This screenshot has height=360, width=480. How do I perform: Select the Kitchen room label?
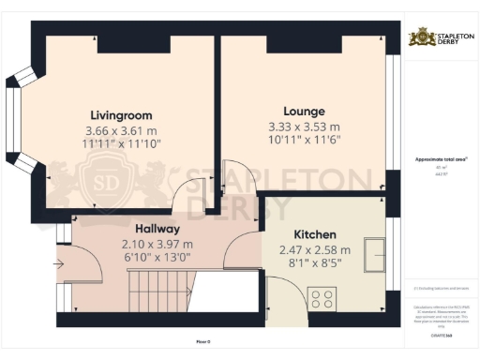314,232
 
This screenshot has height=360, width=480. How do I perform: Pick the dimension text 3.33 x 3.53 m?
304,127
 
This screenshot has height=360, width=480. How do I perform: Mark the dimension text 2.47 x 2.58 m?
314,249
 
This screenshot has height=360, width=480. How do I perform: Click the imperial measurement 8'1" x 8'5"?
314,264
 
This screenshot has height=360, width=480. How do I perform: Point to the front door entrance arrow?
60,264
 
